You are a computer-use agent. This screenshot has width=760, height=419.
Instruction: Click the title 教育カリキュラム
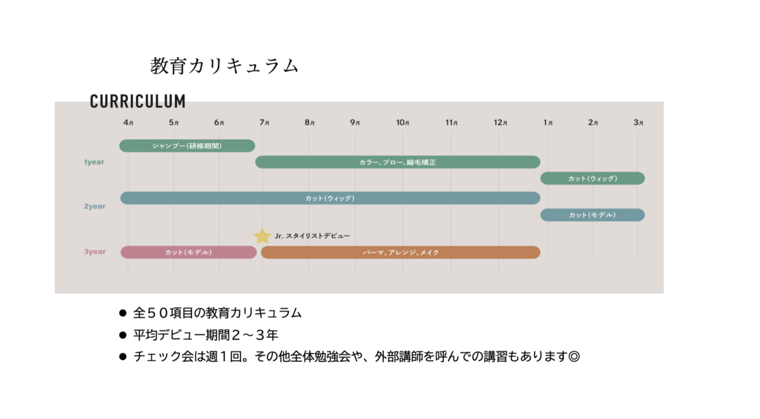(x=225, y=66)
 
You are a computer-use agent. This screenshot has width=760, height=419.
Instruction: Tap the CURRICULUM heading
(x=138, y=101)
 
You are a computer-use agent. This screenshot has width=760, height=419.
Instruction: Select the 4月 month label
(x=129, y=123)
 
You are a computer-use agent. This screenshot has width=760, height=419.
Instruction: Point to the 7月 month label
(x=264, y=123)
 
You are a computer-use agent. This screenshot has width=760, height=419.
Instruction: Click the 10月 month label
(x=403, y=123)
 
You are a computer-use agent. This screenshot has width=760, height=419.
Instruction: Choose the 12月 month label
(x=501, y=123)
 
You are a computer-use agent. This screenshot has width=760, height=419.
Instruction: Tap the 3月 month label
(x=638, y=123)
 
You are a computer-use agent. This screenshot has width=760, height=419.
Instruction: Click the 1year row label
(x=94, y=162)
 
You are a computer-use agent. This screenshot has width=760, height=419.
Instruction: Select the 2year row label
(x=95, y=206)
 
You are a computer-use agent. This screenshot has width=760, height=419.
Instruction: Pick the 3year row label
(x=95, y=252)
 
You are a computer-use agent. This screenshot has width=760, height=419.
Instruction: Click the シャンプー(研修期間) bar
(x=187, y=146)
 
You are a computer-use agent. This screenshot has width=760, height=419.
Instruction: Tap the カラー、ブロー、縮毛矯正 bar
(x=398, y=162)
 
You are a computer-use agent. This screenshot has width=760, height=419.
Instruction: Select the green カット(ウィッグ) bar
(x=592, y=178)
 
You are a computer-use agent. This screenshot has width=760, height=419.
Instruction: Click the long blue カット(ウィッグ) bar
(x=330, y=198)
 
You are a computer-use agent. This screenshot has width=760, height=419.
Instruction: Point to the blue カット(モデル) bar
(x=592, y=215)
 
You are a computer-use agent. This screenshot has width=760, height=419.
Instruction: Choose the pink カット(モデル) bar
(x=188, y=252)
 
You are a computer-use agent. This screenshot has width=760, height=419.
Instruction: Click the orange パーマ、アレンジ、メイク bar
(x=401, y=252)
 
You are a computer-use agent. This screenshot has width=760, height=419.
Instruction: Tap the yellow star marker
(x=263, y=236)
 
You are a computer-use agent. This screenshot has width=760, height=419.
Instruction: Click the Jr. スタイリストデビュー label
(x=312, y=236)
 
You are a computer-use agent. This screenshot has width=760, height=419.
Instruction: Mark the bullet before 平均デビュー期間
(x=123, y=335)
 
